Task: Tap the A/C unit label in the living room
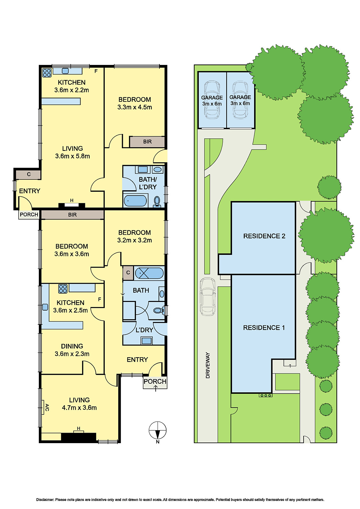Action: [x=47, y=408]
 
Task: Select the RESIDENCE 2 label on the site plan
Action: [x=264, y=236]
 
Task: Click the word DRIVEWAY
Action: [x=208, y=365]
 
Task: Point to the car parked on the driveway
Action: [x=208, y=296]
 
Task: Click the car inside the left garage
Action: [x=212, y=99]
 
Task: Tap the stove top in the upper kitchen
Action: [x=47, y=73]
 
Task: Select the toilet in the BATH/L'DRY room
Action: [x=157, y=201]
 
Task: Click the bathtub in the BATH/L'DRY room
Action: [x=135, y=201]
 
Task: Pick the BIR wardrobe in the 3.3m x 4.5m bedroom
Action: [x=147, y=142]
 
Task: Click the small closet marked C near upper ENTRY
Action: [x=28, y=174]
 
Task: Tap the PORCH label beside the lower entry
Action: [x=155, y=381]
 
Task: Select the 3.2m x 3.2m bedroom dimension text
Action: [x=134, y=240]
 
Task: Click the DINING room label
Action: [x=72, y=346]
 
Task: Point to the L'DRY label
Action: [x=144, y=330]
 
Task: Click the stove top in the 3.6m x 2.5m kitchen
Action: [x=63, y=289]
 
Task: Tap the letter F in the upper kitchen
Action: [x=96, y=71]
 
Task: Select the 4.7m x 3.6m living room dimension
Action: [x=79, y=408]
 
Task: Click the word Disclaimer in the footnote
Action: [x=45, y=500]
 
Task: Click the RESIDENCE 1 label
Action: [x=264, y=328]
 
